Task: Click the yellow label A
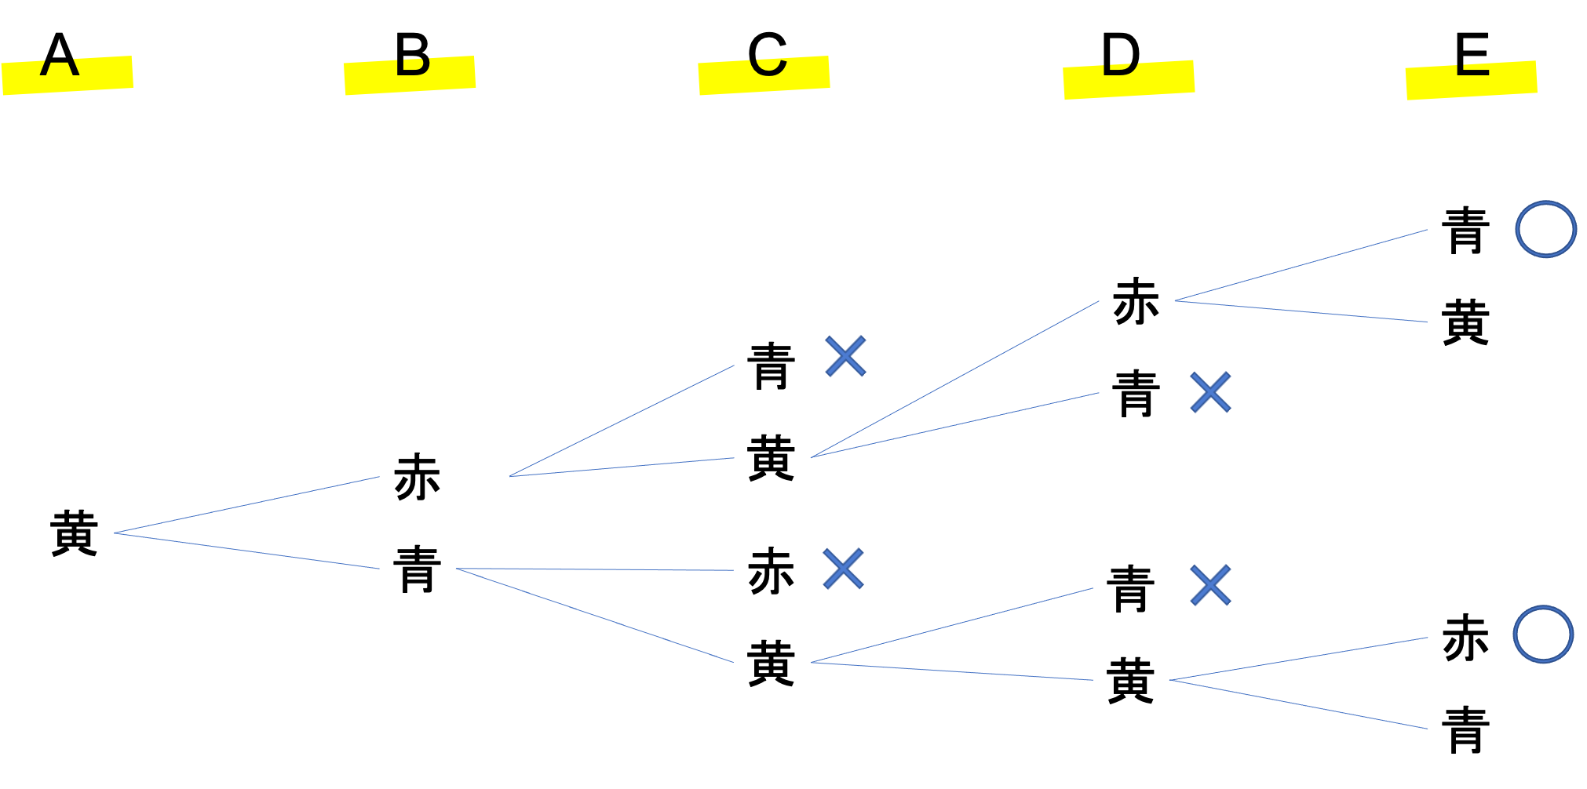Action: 67,75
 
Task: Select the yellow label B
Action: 409,75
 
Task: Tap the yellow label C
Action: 764,75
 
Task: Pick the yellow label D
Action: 1129,79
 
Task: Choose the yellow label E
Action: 1471,80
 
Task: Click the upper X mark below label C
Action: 845,356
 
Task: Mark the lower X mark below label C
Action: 843,569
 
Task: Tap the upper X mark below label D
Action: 1210,392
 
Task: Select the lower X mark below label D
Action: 1210,585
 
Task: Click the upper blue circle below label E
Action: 1545,229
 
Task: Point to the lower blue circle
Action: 1543,634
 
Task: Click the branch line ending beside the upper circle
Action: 1301,265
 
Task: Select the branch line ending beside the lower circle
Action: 1299,659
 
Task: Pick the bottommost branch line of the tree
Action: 1299,704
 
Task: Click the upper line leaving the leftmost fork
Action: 246,505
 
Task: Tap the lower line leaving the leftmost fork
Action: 246,551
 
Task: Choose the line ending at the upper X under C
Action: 622,420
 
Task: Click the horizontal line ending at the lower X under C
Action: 594,569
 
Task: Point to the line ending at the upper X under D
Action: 954,425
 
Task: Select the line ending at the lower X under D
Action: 951,625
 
